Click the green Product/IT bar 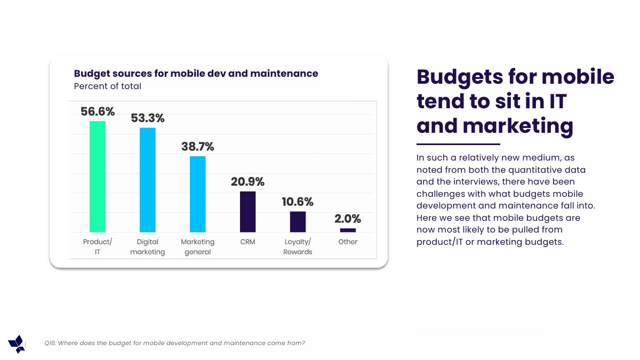(98, 177)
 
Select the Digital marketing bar (148, 180)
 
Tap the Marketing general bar (198, 194)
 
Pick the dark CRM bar (247, 212)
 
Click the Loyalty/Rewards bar (298, 222)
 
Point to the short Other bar (348, 230)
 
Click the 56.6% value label (98, 111)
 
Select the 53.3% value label (148, 118)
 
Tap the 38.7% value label (197, 146)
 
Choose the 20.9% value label (247, 181)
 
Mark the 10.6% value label (298, 202)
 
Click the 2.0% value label (348, 219)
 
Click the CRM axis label (247, 242)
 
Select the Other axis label (348, 242)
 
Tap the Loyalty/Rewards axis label (298, 247)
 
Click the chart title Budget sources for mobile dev (196, 74)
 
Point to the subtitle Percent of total (107, 86)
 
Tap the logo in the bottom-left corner (17, 344)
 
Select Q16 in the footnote (50, 343)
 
